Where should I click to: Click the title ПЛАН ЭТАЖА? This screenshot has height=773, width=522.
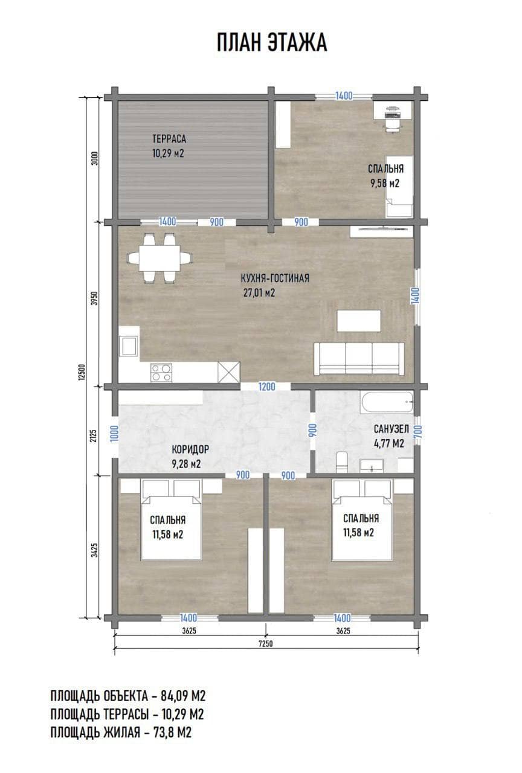click(x=272, y=43)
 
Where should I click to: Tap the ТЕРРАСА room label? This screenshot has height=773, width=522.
click(x=169, y=139)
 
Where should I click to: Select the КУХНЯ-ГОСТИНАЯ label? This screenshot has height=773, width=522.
click(x=275, y=278)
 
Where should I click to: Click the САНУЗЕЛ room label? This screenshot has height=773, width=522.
click(x=391, y=429)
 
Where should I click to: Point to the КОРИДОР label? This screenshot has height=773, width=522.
click(x=190, y=449)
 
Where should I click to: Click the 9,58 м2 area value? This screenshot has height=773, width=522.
click(x=385, y=183)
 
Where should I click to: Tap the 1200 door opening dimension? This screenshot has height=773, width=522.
click(x=267, y=386)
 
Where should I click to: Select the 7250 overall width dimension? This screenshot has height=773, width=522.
click(x=265, y=644)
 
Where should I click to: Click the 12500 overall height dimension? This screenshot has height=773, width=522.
click(x=82, y=371)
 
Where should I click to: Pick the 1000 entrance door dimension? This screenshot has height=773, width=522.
click(x=115, y=433)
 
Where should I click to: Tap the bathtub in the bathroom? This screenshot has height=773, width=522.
click(x=387, y=402)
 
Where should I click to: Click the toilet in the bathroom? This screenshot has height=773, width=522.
click(x=343, y=462)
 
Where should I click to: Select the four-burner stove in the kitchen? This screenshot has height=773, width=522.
click(x=161, y=373)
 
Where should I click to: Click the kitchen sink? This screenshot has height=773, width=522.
click(x=129, y=346)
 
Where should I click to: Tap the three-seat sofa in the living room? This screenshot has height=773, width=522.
click(x=359, y=359)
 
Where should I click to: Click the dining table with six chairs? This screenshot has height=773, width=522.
click(x=159, y=258)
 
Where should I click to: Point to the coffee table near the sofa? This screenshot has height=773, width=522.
click(x=359, y=321)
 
